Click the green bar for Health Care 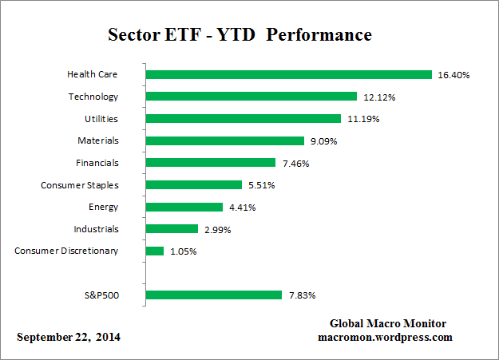289,74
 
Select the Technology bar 251,97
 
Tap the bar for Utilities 244,119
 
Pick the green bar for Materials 225,140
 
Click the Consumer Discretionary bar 155,251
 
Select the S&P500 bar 214,295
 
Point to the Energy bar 184,207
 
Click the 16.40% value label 453,75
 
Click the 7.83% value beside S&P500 301,295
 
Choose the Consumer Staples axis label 79,185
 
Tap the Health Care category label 93,74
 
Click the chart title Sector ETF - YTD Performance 240,36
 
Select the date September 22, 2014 69,337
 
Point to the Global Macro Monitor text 387,323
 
